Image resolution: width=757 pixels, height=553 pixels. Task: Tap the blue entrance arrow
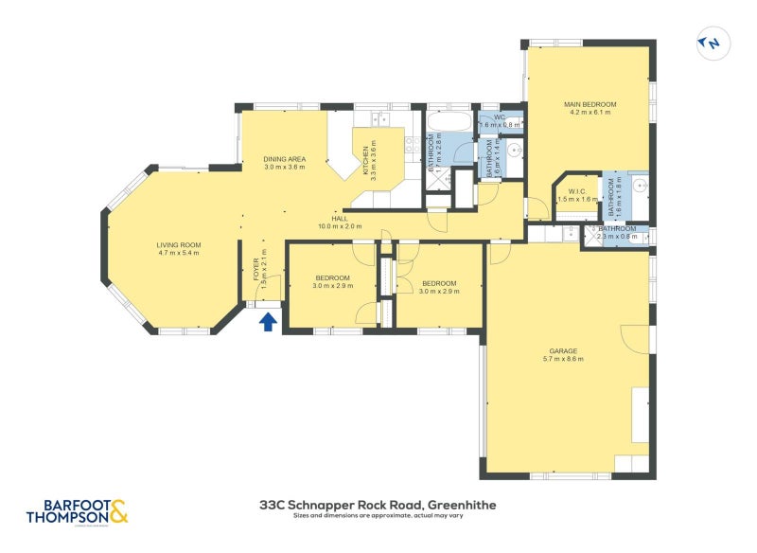point(268,322)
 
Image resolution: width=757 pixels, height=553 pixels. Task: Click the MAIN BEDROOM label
point(590,104)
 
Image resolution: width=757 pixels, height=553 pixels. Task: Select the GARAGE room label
point(560,350)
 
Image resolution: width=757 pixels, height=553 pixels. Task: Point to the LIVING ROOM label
point(179,245)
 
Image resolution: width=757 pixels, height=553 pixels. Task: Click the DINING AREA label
point(284,159)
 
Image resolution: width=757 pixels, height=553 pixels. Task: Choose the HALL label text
point(340,218)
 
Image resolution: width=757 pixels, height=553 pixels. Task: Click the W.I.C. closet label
point(578,191)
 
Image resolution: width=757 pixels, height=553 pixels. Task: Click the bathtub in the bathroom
point(448,124)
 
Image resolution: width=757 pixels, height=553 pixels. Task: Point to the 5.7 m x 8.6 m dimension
point(560,359)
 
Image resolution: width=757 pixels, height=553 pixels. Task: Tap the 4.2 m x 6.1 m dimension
point(590,113)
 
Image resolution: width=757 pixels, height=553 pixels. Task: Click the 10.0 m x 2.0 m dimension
point(340,226)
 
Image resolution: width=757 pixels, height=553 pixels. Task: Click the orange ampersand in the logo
point(117,512)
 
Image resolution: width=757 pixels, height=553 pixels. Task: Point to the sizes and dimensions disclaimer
point(378,517)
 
